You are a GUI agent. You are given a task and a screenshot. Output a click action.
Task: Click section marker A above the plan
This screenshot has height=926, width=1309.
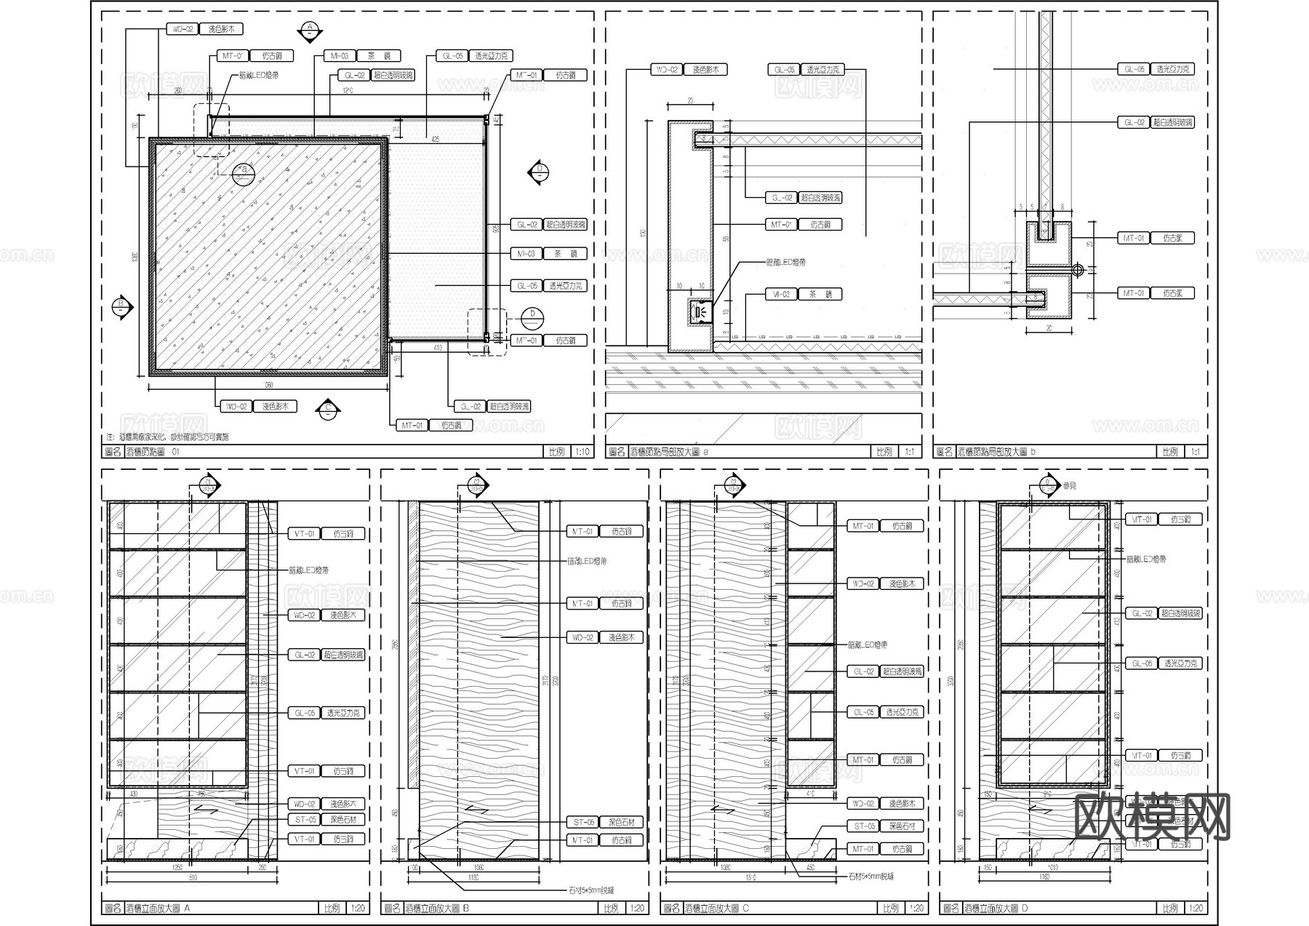[x=310, y=31]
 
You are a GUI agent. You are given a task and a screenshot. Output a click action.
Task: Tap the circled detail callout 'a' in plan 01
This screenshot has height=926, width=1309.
[x=244, y=172]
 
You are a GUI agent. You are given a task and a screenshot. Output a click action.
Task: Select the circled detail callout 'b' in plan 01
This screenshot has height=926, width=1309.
[x=533, y=316]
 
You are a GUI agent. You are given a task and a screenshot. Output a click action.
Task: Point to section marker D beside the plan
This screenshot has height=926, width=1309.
[x=539, y=172]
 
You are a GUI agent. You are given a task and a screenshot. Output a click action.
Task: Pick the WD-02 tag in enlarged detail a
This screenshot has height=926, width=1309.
[x=667, y=70]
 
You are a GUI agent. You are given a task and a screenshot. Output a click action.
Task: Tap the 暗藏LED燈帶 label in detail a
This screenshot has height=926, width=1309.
[x=785, y=262]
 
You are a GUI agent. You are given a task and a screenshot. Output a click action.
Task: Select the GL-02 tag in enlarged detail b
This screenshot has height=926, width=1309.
[x=1134, y=123]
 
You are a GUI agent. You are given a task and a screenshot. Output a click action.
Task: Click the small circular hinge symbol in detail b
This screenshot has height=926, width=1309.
[x=1078, y=270]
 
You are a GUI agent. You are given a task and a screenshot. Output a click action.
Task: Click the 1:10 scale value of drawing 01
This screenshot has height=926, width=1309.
[x=583, y=452]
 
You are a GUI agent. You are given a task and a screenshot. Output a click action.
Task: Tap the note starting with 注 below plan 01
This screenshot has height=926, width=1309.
[x=168, y=437]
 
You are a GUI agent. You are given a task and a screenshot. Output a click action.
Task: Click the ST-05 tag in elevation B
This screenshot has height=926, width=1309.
[x=584, y=822]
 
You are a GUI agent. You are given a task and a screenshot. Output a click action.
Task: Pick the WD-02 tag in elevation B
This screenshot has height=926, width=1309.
[x=583, y=637]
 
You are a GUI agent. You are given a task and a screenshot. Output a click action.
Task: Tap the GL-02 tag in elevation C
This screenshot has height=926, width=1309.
[x=863, y=671]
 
